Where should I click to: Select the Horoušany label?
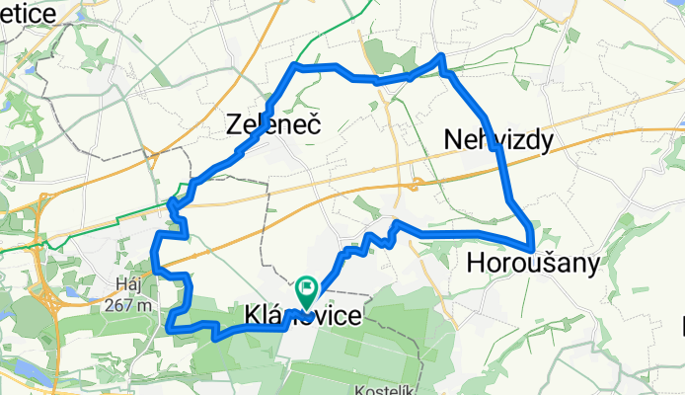point(532,264)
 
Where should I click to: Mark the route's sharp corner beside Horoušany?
point(533,248)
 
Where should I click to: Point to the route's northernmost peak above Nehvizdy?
point(441,57)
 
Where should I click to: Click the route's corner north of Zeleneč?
point(294,66)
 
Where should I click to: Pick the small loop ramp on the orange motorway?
point(419,182)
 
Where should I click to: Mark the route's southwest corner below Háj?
point(171,325)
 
